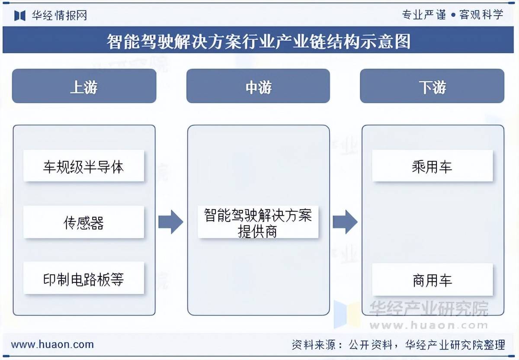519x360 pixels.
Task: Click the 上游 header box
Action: (84, 86)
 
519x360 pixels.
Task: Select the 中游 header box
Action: (258, 86)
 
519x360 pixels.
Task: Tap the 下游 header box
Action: (432, 86)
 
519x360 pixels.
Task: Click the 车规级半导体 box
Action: (83, 166)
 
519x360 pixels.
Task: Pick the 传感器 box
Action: (83, 222)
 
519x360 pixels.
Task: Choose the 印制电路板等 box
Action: (83, 278)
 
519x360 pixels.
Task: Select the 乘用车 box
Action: (432, 166)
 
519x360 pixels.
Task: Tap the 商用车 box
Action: (432, 280)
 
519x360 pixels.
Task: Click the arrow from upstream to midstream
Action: (170, 222)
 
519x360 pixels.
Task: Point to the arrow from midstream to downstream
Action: (345, 222)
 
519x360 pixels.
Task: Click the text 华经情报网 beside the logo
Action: (59, 15)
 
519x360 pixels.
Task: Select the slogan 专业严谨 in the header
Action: (424, 15)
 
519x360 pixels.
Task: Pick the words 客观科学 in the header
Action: (481, 15)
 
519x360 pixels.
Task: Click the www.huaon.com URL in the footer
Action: (52, 344)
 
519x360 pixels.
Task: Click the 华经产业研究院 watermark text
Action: (429, 309)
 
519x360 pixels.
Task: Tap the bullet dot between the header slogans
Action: (453, 15)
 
